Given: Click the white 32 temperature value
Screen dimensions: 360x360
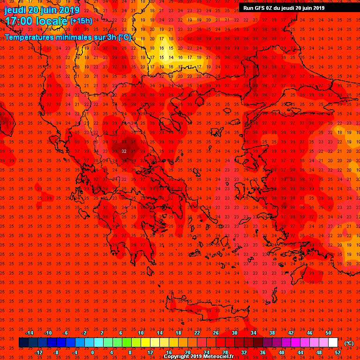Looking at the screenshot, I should click(x=124, y=151).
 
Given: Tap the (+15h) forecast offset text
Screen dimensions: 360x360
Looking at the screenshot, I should click(x=82, y=21).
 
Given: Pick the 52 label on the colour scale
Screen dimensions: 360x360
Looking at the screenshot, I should click(x=337, y=352).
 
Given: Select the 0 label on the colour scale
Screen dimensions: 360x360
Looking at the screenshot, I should click(x=92, y=352).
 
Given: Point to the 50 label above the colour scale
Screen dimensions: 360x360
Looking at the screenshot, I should click(x=328, y=333).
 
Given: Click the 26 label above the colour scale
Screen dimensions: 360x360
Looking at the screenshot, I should click(x=216, y=333).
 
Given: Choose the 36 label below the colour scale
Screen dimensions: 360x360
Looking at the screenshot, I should click(x=262, y=352).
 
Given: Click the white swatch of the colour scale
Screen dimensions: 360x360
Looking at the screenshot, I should click(x=333, y=343).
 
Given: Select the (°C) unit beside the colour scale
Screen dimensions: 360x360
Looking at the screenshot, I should click(x=349, y=343).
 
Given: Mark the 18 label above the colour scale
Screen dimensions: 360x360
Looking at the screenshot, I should click(x=178, y=333).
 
